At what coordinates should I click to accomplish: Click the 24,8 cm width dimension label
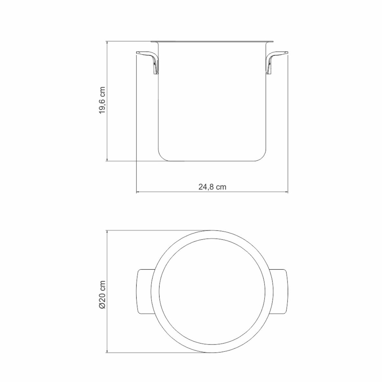(212, 187)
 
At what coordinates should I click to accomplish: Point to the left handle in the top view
(144, 291)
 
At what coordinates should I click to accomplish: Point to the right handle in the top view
(281, 291)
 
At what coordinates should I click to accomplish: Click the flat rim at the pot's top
(212, 41)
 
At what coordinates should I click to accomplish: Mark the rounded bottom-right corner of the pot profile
(263, 156)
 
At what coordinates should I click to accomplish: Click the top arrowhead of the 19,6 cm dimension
(107, 43)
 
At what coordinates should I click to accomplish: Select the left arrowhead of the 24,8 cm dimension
(138, 192)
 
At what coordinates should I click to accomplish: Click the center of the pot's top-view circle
(212, 291)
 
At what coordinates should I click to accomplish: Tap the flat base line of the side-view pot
(212, 161)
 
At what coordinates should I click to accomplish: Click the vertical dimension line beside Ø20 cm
(107, 261)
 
